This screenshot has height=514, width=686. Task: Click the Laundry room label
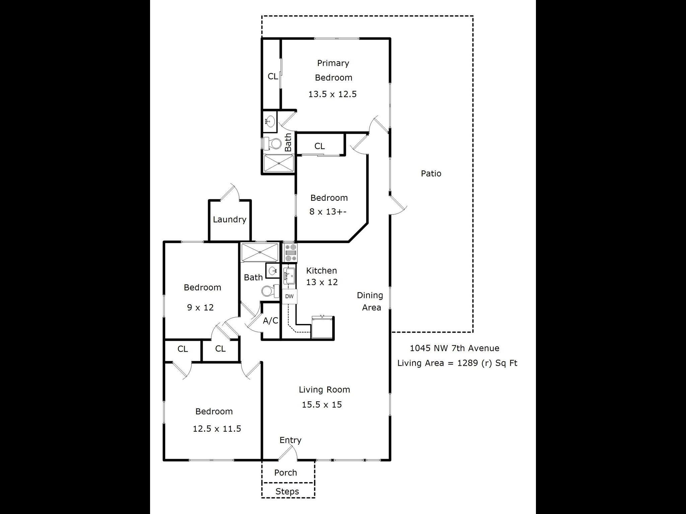coord(229,220)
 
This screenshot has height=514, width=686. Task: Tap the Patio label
coord(431,173)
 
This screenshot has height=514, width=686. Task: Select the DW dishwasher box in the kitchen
coord(289,296)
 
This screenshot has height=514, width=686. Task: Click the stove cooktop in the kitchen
coord(290,253)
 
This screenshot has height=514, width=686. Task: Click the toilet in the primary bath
coord(272,144)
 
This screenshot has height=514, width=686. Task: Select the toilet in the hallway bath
coord(270,291)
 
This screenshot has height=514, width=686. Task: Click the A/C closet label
coord(270,321)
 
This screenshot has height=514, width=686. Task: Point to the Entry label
coord(290,440)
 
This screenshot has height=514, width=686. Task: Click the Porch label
coord(285,473)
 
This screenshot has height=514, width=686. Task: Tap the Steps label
coord(287,492)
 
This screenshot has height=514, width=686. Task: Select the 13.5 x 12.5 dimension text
coord(332,94)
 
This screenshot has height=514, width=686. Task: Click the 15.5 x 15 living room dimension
coord(322,405)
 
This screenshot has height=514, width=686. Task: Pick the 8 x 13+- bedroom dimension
coord(328,211)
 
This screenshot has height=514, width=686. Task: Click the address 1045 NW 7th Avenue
coord(455,348)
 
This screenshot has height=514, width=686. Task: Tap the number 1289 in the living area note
coord(468,363)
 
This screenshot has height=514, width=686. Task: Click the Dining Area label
coord(370,301)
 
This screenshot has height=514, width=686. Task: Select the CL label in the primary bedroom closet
coord(273,76)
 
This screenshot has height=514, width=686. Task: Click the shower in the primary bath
coord(279,163)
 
